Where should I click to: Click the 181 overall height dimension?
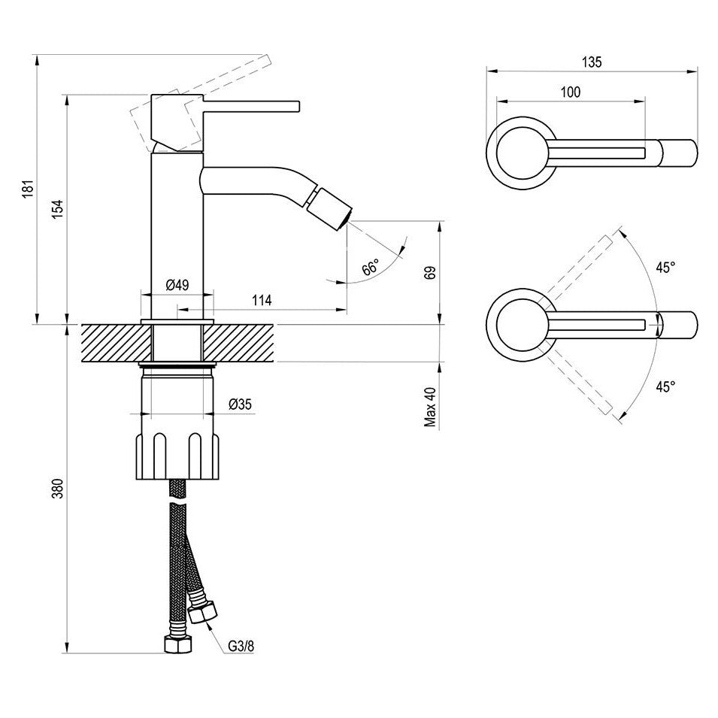[29, 189]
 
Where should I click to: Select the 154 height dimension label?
[58, 209]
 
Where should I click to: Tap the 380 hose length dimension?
[58, 489]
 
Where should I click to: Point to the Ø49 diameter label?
[177, 285]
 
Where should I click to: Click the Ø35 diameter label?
[240, 404]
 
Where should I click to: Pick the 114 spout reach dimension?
[262, 301]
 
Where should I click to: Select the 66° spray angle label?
[371, 266]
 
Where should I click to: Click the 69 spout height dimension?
[431, 272]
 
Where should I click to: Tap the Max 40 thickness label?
[431, 407]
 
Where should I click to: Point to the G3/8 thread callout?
[241, 646]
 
